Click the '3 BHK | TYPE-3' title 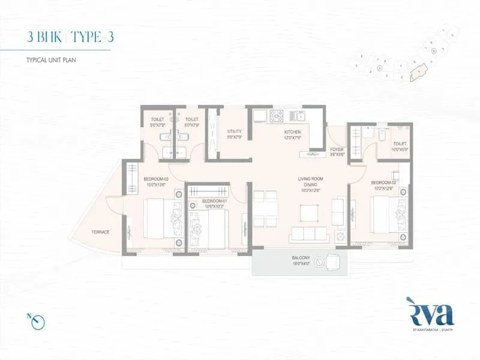pos(70,37)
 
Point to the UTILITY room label pos(234,134)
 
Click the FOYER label pos(337,151)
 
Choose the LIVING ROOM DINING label pos(310,182)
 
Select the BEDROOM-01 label pos(213,203)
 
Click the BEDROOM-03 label pos(155,181)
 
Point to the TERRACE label pos(100,232)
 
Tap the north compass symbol pos(38,322)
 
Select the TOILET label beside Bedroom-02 pos(400,146)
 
